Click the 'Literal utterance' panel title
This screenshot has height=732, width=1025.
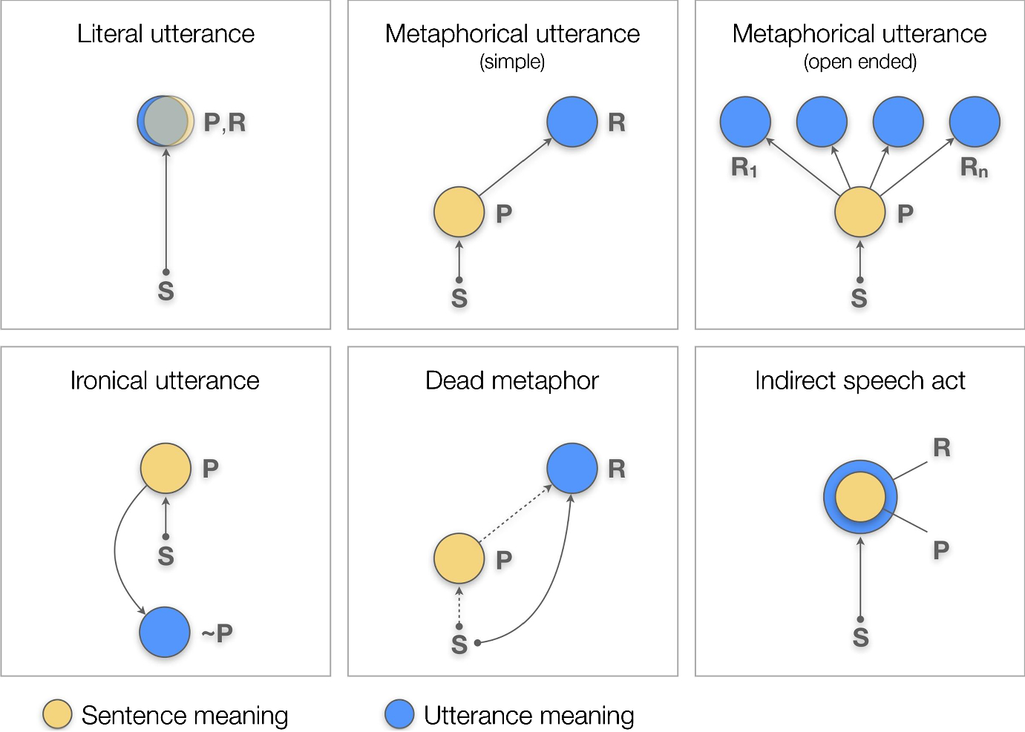166,34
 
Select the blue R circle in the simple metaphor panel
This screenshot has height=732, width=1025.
572,122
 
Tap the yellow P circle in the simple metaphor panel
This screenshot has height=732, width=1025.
459,212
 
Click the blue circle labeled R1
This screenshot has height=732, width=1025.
745,122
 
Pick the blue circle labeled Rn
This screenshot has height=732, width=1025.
975,122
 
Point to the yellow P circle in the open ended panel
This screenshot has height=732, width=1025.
859,212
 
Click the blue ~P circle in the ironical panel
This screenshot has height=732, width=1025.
165,632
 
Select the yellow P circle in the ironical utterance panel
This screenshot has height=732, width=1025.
166,468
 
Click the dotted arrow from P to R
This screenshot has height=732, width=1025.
514,514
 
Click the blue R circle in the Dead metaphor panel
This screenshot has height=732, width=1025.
572,468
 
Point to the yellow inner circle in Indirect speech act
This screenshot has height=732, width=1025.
860,496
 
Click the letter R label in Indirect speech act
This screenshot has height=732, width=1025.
941,448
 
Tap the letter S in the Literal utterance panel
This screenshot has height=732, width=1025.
166,291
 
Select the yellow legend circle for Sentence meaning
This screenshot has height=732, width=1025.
57,714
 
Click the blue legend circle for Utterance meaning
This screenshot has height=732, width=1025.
399,714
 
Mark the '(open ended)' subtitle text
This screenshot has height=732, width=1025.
859,62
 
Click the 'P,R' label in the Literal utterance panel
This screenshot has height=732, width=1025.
224,122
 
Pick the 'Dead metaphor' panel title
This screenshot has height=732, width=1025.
511,380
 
